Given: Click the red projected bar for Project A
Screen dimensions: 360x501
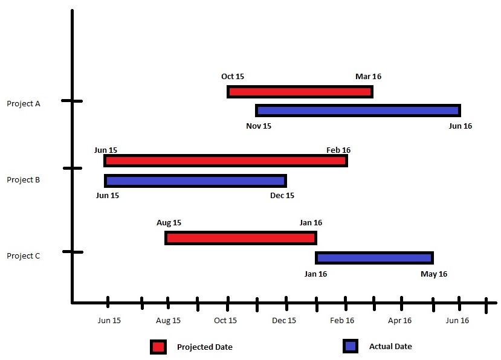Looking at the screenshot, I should [x=300, y=92].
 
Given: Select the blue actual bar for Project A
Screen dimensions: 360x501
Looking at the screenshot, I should [x=358, y=111].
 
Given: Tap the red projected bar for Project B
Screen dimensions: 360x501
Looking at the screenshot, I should [x=225, y=161].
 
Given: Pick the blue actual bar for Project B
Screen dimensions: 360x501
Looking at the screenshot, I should [x=195, y=181].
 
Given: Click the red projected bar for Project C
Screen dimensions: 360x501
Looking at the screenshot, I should [x=241, y=238].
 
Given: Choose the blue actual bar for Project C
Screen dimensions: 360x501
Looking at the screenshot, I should [x=374, y=258].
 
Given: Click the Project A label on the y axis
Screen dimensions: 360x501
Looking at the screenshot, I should [x=24, y=103].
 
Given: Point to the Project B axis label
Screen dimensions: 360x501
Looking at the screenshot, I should [x=24, y=179].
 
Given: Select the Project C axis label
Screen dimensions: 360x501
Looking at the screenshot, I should [x=24, y=256].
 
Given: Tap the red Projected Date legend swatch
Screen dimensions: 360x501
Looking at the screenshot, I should [x=158, y=347].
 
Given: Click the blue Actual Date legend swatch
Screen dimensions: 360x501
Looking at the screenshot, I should [x=351, y=346].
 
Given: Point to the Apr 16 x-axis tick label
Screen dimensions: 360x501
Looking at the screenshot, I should [x=399, y=321].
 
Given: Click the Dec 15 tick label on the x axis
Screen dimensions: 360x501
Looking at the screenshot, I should [x=283, y=321].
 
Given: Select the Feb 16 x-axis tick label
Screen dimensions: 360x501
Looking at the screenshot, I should [x=341, y=321].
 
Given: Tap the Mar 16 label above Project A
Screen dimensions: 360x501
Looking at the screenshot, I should [x=368, y=77].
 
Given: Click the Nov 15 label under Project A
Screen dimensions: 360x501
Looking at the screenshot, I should [x=259, y=126].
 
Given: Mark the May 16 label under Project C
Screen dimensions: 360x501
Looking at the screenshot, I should [x=434, y=274].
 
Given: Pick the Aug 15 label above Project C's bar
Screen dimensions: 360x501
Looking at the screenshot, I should [x=169, y=223].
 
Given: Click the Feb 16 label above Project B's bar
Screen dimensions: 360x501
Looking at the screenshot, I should [x=338, y=150].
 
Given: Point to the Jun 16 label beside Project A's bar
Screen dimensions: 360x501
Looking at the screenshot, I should [x=459, y=126].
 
